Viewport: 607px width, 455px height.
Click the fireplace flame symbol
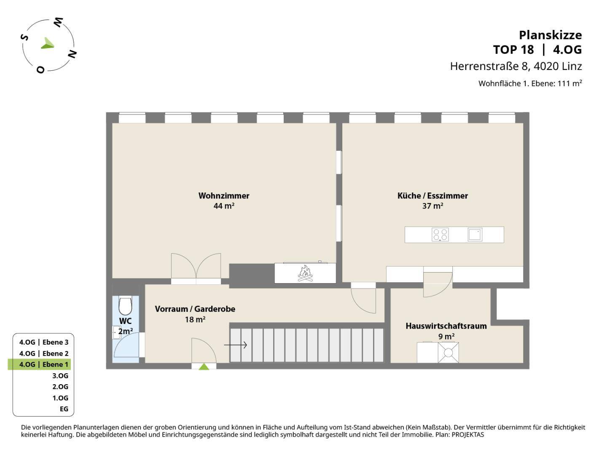coord(305,273)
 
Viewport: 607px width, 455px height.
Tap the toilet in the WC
coord(125,305)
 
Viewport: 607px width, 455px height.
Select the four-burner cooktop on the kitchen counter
coord(440,235)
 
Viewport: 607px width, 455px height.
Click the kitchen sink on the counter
coord(475,235)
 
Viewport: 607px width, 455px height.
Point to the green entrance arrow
coord(204,367)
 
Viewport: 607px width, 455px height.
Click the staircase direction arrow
coord(235,345)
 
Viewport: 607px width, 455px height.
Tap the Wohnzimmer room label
coord(224,195)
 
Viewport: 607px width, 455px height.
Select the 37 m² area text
coord(432,206)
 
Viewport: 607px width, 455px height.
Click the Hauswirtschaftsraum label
coord(446,326)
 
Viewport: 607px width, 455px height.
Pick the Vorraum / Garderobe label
coord(195,309)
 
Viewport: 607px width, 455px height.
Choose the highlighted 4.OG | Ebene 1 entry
coord(43,364)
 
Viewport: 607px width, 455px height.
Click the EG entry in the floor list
coord(64,409)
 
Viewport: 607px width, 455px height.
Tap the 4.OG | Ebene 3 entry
coord(44,342)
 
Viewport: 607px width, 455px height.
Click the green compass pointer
coord(48,44)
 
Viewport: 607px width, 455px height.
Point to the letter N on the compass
coord(72,54)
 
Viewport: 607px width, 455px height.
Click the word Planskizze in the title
coord(551,35)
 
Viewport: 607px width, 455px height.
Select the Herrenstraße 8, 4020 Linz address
coord(516,66)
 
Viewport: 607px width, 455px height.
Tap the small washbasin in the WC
coord(116,333)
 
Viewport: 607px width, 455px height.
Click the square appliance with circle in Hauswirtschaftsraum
coord(448,353)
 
